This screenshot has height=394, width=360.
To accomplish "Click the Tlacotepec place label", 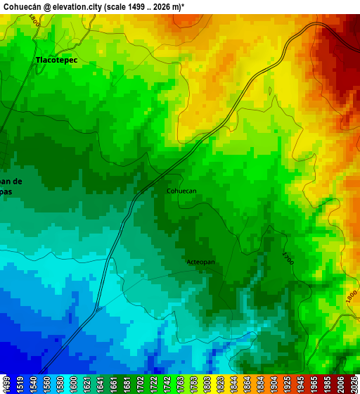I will [x=57, y=61].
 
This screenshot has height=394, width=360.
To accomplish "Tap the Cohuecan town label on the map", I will [x=181, y=191].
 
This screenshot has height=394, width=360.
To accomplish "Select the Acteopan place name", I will [x=200, y=262].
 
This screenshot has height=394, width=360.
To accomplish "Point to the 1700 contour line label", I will [x=288, y=258].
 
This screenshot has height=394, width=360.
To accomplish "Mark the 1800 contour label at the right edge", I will [x=352, y=298].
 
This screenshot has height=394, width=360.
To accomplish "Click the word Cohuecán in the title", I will [x=21, y=6].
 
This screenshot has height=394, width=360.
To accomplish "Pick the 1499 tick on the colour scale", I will [x=7, y=383].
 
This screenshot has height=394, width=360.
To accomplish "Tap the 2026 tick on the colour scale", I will [x=352, y=383].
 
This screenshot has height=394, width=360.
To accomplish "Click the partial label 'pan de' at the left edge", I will [x=11, y=182].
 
